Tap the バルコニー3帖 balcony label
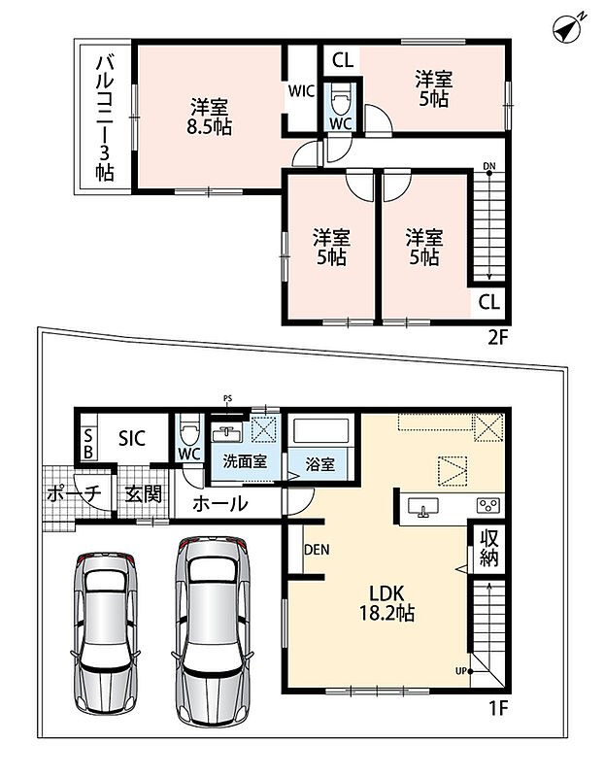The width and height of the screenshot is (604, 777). point(105,118)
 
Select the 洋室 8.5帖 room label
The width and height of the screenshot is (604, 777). point(209,117)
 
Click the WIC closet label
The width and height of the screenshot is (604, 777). point(301,91)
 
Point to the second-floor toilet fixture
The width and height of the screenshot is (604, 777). point(341,99)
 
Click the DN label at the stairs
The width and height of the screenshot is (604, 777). point(489,166)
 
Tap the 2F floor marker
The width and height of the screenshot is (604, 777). point(498,338)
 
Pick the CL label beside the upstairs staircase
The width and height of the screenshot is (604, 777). point(489,302)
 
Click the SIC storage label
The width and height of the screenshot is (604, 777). point(132,438)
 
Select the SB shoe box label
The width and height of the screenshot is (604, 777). point(88,444)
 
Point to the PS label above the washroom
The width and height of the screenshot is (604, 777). point(227,398)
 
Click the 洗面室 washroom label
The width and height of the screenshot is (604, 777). point(245,462)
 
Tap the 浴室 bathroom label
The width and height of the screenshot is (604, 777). point(320,464)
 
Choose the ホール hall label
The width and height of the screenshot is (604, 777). point(219,504)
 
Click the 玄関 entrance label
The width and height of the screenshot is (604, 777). point(143,494)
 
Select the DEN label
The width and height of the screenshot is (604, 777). point(317,550)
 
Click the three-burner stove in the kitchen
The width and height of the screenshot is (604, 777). point(488,505)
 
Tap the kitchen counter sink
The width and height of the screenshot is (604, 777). point(423,507)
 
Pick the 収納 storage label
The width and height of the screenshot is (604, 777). point(489,548)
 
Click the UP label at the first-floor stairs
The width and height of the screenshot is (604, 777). point(461,671)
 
